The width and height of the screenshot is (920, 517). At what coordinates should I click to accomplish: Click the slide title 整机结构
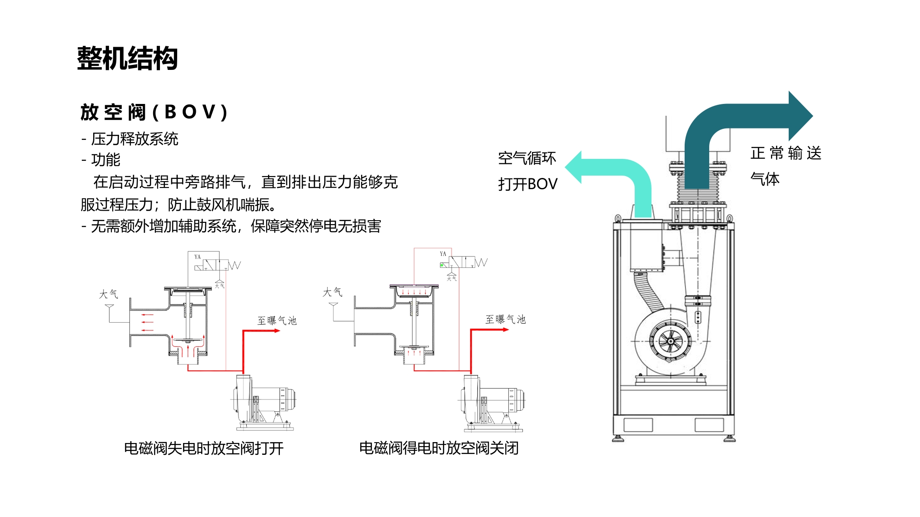click(127, 59)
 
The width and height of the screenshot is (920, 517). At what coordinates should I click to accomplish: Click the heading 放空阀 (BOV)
click(154, 112)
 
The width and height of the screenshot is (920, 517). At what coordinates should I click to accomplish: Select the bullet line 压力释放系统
click(134, 139)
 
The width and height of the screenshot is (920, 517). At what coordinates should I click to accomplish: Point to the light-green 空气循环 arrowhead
click(574, 167)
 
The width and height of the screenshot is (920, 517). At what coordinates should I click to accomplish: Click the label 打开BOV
click(527, 184)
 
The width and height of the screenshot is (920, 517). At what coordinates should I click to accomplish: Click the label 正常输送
click(786, 153)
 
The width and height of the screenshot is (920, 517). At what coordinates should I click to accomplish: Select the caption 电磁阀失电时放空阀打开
click(204, 448)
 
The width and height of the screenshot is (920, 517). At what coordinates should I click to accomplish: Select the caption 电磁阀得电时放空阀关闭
click(439, 448)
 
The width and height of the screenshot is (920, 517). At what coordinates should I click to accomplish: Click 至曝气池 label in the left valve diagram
click(277, 321)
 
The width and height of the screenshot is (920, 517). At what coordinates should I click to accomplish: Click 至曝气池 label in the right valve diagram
click(505, 320)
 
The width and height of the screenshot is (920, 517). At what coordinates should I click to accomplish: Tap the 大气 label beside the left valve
click(109, 294)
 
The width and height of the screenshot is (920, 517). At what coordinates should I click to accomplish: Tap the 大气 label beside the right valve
click(333, 292)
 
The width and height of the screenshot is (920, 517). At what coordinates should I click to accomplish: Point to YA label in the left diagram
click(198, 257)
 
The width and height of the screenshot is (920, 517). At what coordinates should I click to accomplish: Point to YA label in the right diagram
click(443, 254)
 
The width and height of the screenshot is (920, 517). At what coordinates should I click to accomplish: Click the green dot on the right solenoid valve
click(442, 265)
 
